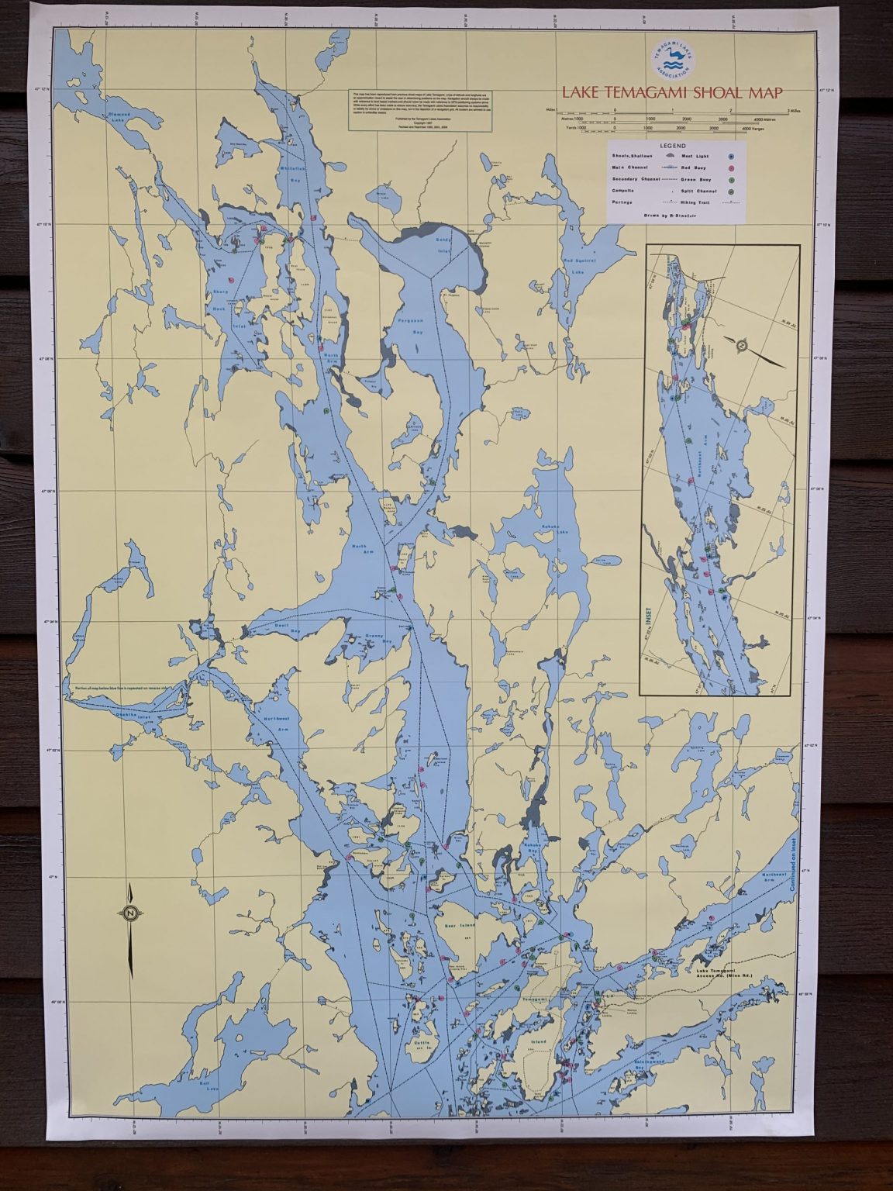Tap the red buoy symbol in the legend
point(729,166)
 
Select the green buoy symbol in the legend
point(729,178)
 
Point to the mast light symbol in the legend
point(729,155)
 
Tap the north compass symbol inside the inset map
point(742,346)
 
